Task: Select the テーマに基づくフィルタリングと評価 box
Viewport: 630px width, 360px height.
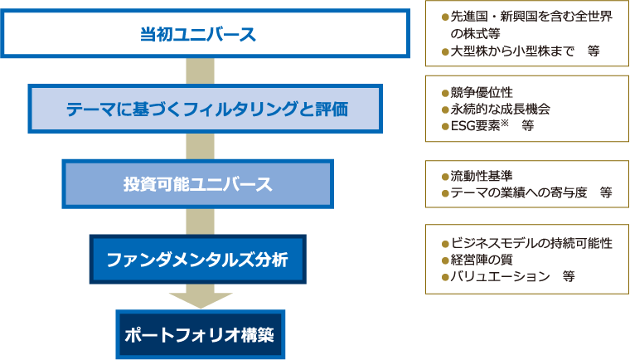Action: pos(206,109)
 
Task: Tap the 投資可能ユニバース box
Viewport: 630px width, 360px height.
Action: pos(197,183)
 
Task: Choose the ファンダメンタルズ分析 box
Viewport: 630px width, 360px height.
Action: pos(197,260)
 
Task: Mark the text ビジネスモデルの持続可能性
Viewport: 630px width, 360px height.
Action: pos(531,243)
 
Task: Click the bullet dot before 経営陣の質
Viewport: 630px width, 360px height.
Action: pos(444,260)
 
